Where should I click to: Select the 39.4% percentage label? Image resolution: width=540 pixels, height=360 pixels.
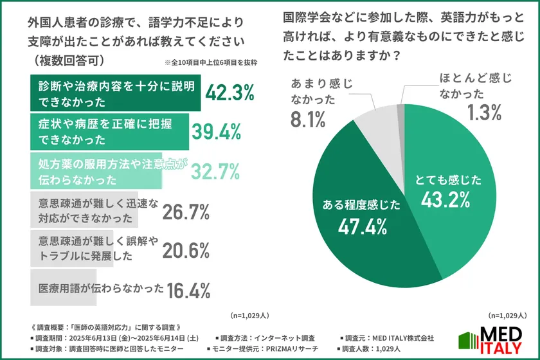(x=216, y=132)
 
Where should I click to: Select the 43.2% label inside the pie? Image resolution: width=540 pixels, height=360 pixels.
(x=449, y=200)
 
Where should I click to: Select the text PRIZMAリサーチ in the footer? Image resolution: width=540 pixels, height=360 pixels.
(x=289, y=348)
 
